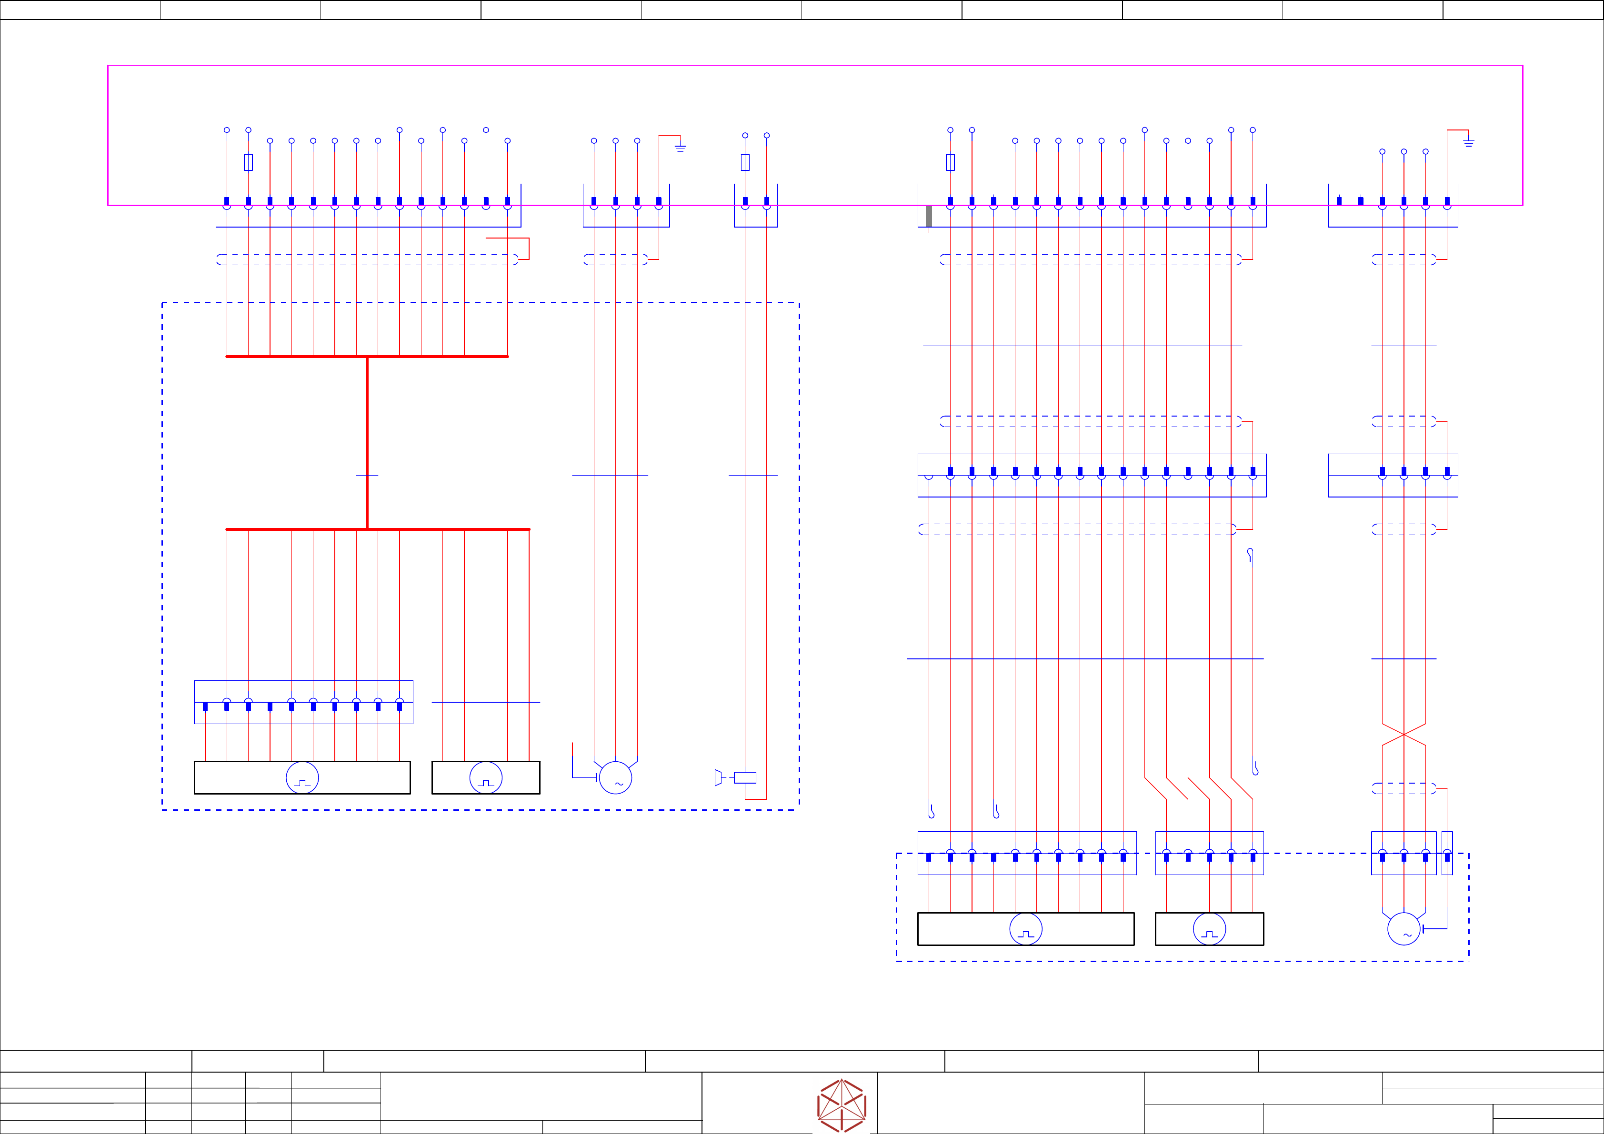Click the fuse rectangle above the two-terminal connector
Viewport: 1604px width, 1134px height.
745,162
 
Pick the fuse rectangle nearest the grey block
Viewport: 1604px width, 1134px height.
950,162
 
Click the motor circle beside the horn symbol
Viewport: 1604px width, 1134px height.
615,777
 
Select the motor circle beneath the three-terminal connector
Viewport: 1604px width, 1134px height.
1403,929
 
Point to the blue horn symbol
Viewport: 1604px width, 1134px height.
718,777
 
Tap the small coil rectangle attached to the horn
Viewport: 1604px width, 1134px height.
745,777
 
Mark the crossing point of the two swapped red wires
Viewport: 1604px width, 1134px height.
1403,735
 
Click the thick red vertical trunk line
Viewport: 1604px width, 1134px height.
368,443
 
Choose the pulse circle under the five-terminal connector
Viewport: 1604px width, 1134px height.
1209,929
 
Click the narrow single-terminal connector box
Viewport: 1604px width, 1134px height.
1447,853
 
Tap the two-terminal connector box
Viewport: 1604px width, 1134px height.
756,205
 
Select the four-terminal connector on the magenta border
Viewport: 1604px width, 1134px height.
626,205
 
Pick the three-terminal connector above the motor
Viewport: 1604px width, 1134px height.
1403,853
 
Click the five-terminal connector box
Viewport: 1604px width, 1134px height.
1209,853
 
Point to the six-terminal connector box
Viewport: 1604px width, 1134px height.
1393,205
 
